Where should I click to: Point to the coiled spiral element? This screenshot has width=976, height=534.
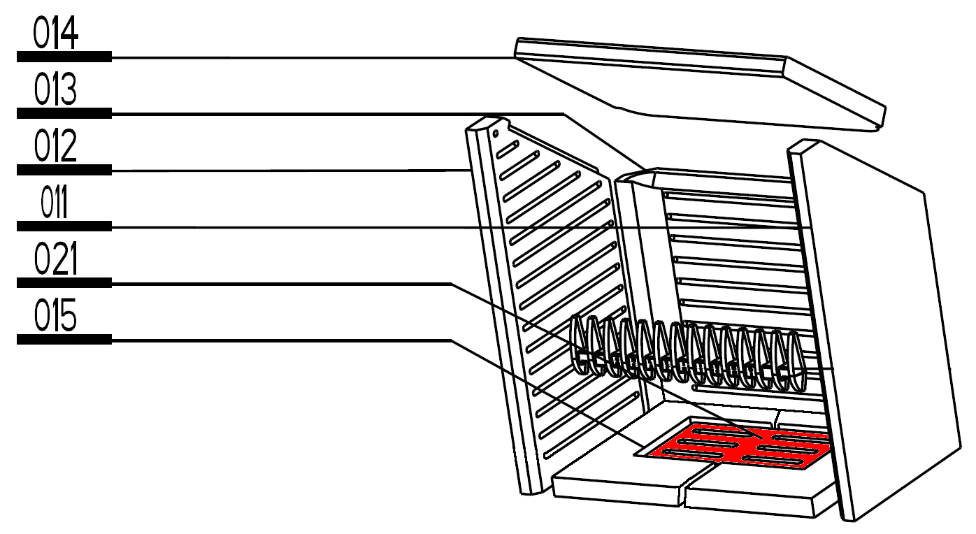point(685,353)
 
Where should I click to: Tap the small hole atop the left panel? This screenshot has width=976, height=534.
point(495,132)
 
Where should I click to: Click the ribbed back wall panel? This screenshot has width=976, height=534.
point(734,266)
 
